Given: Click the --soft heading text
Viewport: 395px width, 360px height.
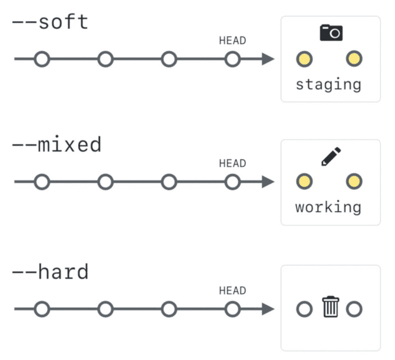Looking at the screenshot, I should click(50, 22).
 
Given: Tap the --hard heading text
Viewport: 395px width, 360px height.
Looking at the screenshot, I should click(50, 272).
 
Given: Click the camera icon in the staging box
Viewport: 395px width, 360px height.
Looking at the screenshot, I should click(331, 33).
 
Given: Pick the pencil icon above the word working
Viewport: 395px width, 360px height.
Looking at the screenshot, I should click(331, 156).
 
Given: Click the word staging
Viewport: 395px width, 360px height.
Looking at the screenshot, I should click(329, 84).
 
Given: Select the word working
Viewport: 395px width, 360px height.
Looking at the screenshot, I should click(329, 207).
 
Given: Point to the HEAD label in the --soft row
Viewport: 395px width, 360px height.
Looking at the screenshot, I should click(232, 40).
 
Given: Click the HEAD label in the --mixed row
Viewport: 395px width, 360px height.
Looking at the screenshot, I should click(232, 163).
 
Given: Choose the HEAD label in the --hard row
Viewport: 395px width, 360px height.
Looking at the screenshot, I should click(232, 290).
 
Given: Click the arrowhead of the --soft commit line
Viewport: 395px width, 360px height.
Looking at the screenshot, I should click(268, 59).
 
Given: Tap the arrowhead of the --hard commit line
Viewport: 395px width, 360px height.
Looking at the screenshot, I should click(268, 309).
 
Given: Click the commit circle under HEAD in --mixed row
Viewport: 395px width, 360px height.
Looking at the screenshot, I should click(232, 182).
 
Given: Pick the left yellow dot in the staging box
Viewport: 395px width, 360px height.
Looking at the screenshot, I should click(304, 58).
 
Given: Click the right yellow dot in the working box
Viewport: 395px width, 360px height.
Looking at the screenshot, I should click(353, 181).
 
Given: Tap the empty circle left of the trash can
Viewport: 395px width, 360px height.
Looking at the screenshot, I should click(304, 309).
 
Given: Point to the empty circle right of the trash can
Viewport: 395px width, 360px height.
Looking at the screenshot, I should click(354, 309).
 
